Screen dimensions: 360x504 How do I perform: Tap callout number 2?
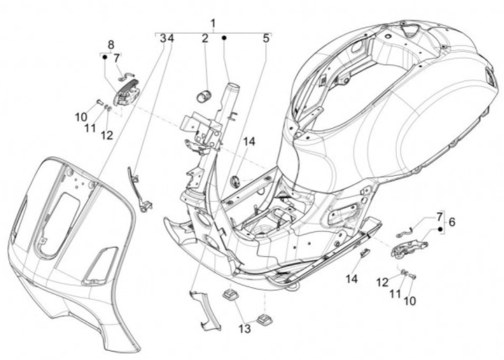[205, 39]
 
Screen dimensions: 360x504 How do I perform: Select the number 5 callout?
[266, 39]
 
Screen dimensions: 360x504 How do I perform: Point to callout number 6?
[452, 222]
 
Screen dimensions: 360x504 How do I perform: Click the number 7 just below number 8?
[117, 58]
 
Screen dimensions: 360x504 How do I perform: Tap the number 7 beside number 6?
[440, 216]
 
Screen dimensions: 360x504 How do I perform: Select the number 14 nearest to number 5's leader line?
[249, 141]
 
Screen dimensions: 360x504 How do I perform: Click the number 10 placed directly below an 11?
[409, 300]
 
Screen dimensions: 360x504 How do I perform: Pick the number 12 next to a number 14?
[401, 281]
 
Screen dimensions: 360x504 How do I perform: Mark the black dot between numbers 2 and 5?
[225, 39]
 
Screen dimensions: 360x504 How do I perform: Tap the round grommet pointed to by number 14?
[236, 181]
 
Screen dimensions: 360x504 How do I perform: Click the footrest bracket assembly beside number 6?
[410, 246]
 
